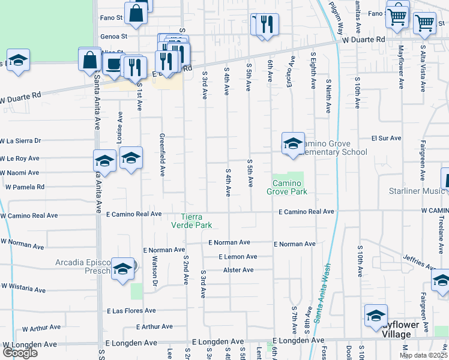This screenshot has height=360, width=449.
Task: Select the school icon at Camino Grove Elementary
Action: [x=293, y=144]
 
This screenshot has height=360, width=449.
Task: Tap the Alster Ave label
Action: [x=238, y=270]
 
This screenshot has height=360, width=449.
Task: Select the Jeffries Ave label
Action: [x=419, y=262]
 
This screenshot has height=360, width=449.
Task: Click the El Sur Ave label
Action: [x=386, y=138]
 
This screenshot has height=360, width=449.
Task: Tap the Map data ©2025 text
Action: [x=423, y=355]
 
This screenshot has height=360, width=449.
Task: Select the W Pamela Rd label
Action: [x=25, y=187]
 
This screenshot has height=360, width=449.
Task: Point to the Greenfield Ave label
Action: [x=161, y=154]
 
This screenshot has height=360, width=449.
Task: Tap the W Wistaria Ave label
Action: [x=23, y=288]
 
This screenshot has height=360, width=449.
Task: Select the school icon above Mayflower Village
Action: [x=376, y=314]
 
